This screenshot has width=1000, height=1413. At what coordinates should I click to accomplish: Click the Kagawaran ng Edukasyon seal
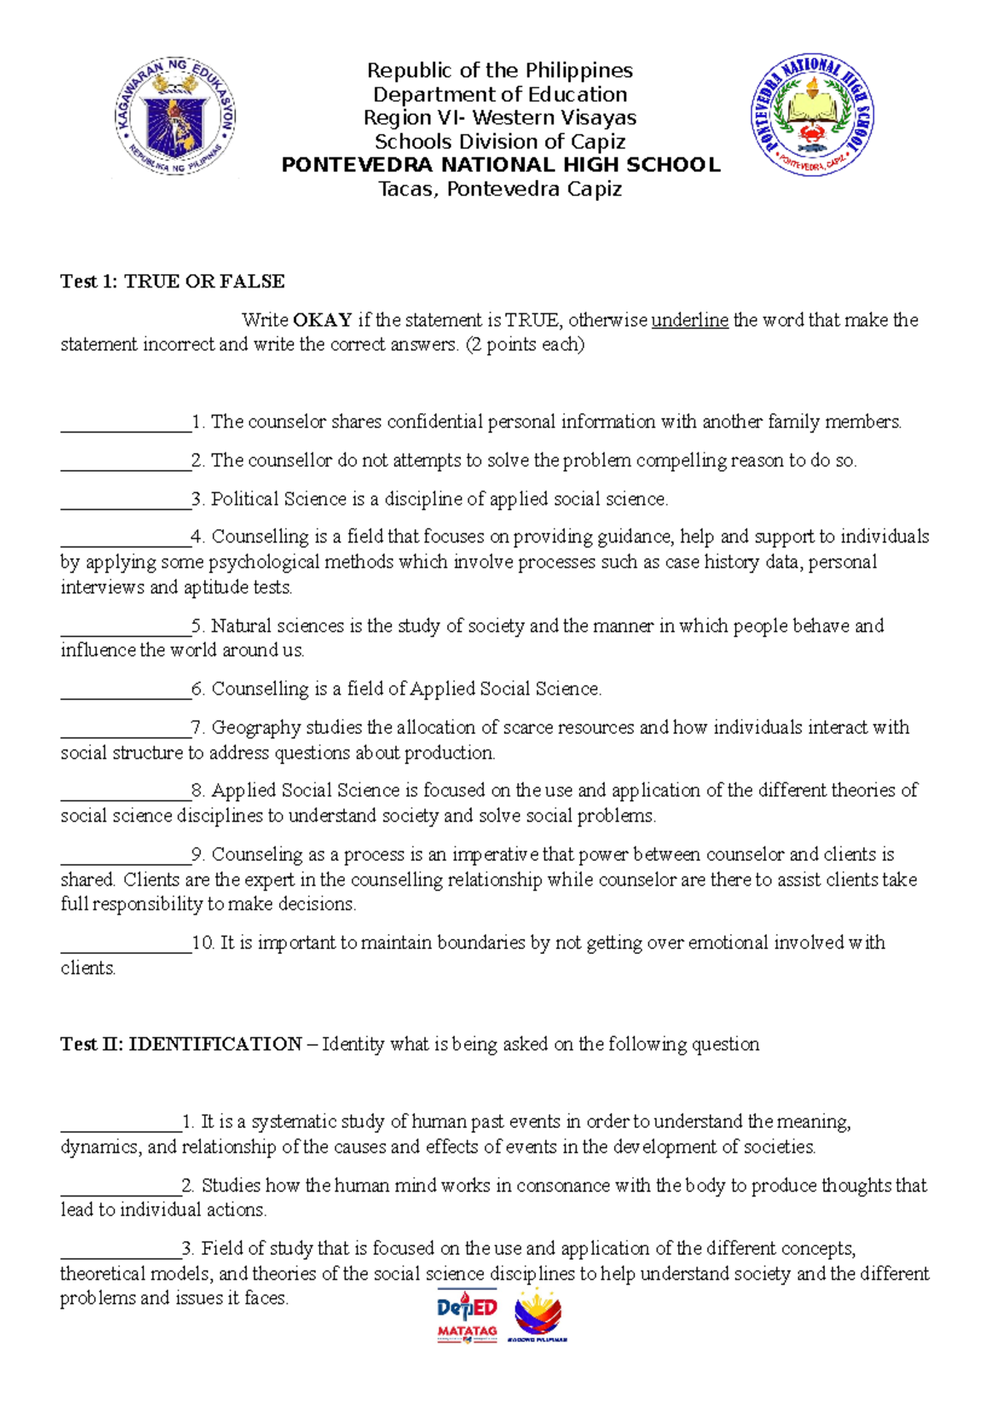[175, 117]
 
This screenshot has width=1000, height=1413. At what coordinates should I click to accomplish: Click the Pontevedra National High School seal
[812, 115]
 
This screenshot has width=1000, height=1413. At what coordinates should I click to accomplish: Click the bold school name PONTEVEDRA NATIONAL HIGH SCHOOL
[500, 165]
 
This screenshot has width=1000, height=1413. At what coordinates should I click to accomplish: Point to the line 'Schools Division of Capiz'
[500, 142]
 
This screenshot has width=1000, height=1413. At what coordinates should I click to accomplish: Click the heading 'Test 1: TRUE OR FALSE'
[172, 282]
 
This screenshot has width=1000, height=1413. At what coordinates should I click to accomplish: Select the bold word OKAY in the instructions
[322, 320]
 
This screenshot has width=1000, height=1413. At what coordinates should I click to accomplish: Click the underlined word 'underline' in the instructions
[689, 320]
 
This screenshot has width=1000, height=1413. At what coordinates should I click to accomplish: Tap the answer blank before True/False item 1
[125, 423]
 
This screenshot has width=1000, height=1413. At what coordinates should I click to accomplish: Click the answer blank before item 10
[125, 944]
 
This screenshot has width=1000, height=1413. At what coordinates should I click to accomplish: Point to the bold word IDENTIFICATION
[215, 1045]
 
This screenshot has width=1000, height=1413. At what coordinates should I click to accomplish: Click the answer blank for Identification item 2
[120, 1186]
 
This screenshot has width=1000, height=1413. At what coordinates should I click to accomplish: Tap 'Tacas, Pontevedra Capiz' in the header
[500, 189]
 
